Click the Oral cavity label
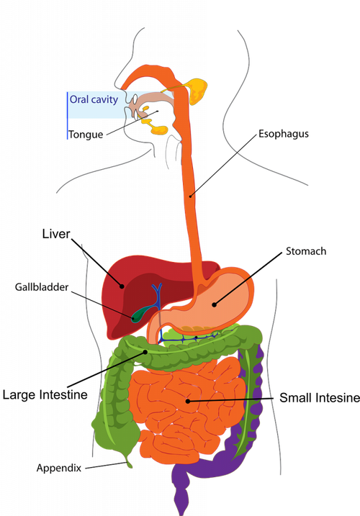click(94, 99)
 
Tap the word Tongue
click(86, 135)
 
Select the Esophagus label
click(284, 134)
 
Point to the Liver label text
click(56, 234)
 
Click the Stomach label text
click(306, 251)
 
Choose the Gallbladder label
click(42, 287)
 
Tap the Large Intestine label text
click(45, 394)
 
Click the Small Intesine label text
click(320, 397)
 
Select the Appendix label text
click(59, 468)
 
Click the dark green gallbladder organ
click(140, 314)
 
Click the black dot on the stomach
click(214, 304)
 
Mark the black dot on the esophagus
click(190, 196)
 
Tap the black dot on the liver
click(122, 286)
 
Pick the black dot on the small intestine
click(187, 401)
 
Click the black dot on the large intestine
click(145, 352)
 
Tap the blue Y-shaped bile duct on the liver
click(158, 297)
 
